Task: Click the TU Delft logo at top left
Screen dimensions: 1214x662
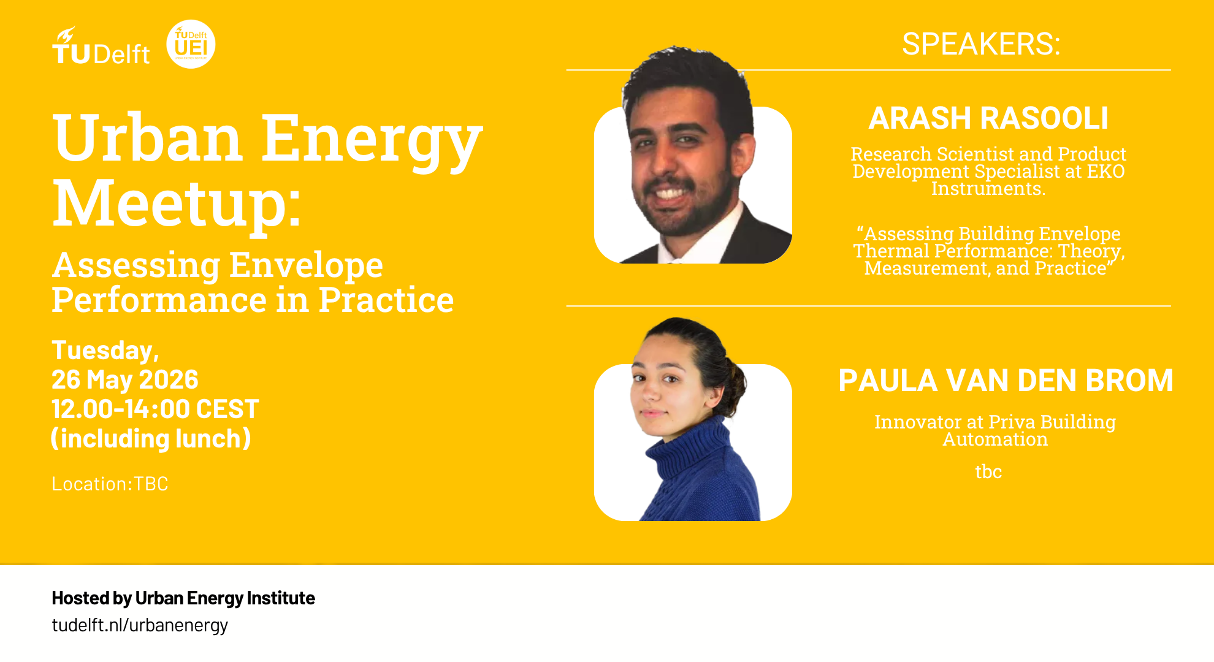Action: (101, 46)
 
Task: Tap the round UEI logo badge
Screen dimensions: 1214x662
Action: (191, 44)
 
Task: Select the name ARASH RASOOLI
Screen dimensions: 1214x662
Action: (988, 118)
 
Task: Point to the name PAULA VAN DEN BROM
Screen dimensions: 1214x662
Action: (1006, 380)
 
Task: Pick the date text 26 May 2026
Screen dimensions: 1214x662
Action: (125, 379)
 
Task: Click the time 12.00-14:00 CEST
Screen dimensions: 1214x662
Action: (155, 409)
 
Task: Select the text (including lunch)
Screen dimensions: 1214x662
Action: (151, 438)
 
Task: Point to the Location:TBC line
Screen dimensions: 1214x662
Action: (110, 484)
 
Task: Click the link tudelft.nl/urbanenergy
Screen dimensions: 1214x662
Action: (140, 625)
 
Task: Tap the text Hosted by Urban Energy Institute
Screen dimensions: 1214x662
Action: (183, 598)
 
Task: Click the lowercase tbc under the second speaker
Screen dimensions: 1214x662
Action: (988, 471)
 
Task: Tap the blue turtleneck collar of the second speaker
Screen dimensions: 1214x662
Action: (690, 447)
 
